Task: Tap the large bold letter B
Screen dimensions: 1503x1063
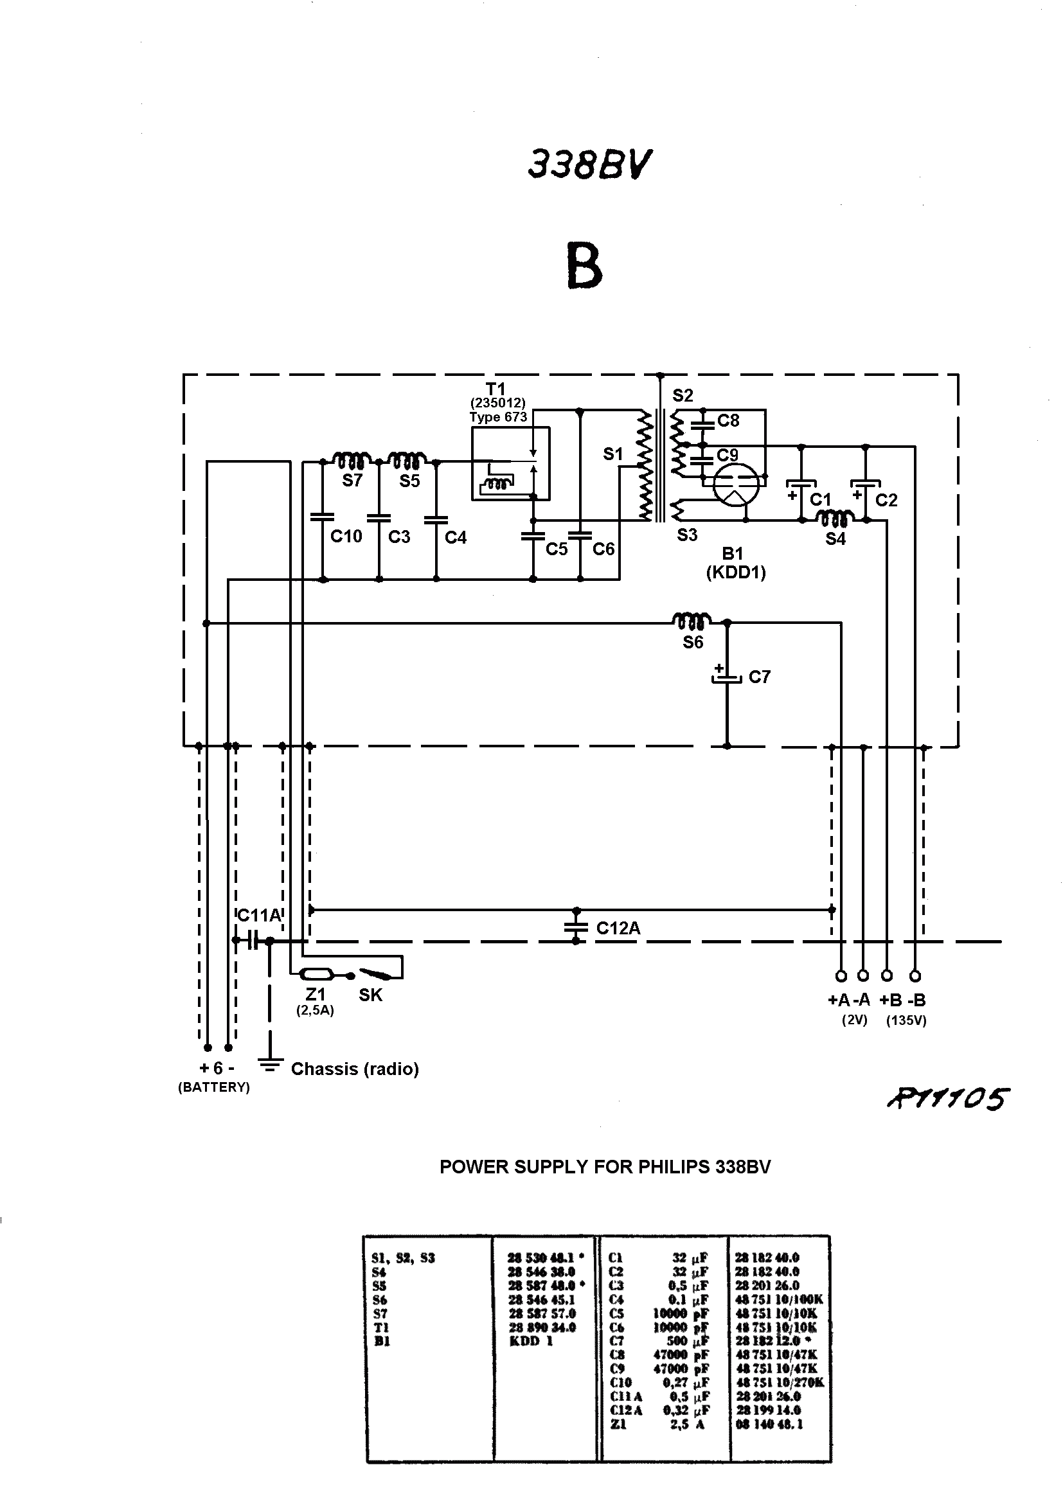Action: pyautogui.click(x=584, y=266)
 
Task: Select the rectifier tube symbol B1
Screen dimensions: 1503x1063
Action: pyautogui.click(x=737, y=485)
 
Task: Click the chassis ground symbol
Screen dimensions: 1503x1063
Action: pyautogui.click(x=269, y=1064)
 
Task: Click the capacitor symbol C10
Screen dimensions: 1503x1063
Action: pyautogui.click(x=322, y=517)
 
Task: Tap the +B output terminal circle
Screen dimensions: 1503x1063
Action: pyautogui.click(x=887, y=975)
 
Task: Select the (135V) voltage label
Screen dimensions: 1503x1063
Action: pyautogui.click(x=906, y=1020)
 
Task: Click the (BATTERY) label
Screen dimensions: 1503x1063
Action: pyautogui.click(x=214, y=1087)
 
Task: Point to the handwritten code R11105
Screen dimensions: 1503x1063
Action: pyautogui.click(x=948, y=1099)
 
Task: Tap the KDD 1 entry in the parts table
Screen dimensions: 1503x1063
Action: pyautogui.click(x=531, y=1341)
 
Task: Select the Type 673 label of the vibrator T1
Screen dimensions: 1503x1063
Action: pyautogui.click(x=497, y=417)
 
